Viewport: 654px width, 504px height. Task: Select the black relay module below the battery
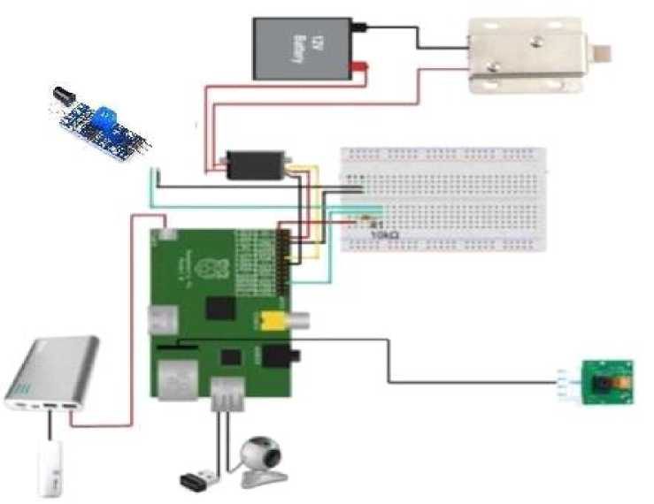point(254,165)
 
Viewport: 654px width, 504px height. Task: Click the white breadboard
point(442,200)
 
